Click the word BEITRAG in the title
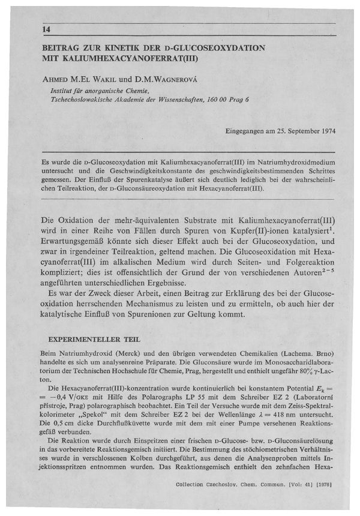point(62,47)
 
